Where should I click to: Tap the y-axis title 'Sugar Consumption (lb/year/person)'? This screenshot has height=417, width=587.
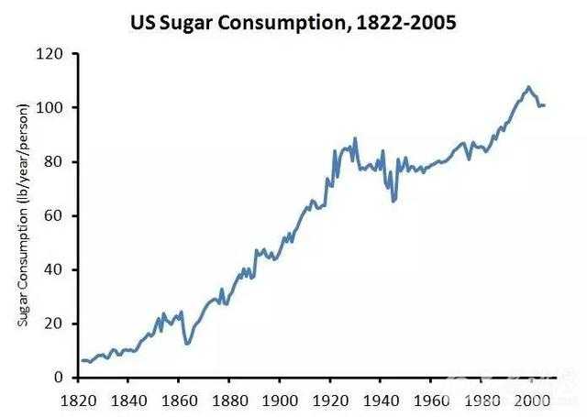[20, 215]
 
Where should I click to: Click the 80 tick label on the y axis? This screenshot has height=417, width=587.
[53, 162]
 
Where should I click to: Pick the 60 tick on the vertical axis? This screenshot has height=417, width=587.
[53, 216]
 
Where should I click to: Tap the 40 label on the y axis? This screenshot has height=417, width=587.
[53, 269]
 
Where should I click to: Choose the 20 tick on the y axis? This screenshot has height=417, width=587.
[53, 324]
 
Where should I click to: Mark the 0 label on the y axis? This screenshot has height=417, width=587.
[57, 378]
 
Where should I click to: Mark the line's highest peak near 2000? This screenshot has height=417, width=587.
[529, 87]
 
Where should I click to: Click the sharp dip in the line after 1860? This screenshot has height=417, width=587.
[187, 344]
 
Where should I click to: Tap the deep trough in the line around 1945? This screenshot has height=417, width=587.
[393, 201]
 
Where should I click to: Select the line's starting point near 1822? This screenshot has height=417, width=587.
[81, 361]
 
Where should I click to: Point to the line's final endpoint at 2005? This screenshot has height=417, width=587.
[546, 105]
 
